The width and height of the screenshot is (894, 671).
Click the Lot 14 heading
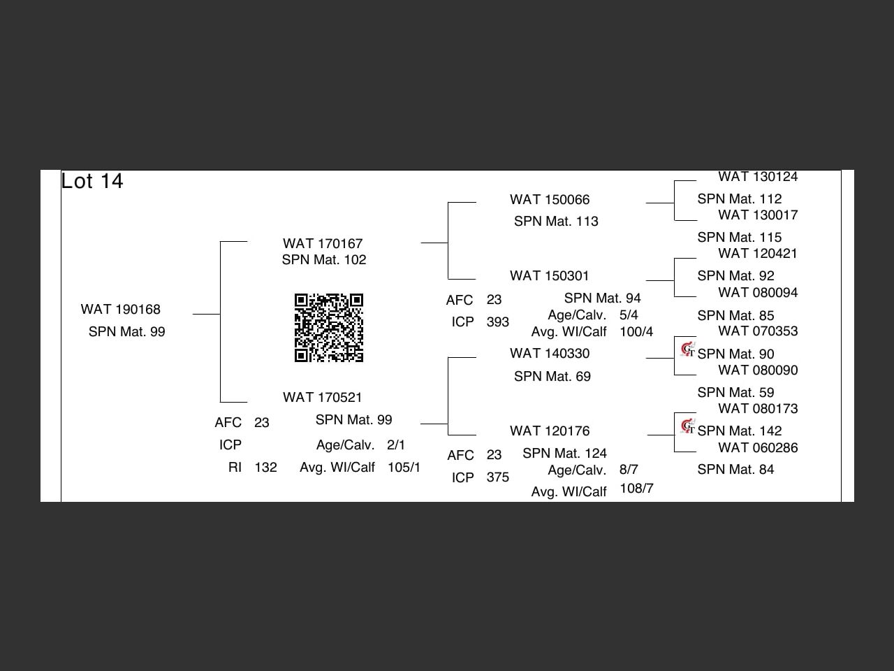92,181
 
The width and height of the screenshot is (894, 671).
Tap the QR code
329,328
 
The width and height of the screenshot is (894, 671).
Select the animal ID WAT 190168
121,309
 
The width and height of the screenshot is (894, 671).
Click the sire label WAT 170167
323,243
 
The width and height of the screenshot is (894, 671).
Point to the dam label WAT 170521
323,397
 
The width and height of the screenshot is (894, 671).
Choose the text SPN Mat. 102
324,260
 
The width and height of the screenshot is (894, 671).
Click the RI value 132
265,467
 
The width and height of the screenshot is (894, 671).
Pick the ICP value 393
497,322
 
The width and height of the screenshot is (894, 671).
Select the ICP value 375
497,477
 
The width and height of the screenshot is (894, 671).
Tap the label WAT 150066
550,200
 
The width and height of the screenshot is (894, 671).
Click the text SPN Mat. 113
556,222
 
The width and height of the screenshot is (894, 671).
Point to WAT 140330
550,354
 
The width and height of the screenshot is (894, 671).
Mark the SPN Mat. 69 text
552,377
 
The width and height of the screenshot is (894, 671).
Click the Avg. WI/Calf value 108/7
636,489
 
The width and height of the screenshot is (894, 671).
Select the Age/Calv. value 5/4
629,315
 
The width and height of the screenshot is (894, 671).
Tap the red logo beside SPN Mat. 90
688,349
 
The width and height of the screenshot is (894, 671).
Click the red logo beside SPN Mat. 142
688,426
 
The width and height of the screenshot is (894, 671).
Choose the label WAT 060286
758,447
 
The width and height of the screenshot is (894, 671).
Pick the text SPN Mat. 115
739,238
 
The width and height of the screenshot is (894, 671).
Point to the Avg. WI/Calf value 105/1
404,467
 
